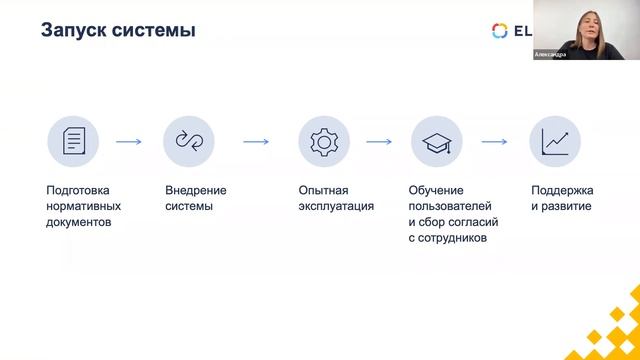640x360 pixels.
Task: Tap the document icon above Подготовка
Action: point(73,141)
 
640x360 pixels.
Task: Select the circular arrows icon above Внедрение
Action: point(189,141)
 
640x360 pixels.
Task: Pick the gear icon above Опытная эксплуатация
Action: point(324,141)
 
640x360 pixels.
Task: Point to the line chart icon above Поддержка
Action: point(555,141)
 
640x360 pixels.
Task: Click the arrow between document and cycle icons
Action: point(129,142)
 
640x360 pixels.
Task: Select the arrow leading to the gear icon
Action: point(256,142)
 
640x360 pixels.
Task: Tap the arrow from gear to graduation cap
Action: point(379,142)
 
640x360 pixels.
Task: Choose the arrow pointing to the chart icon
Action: point(494,142)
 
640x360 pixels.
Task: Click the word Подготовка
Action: point(78,190)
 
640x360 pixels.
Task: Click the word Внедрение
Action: point(196,190)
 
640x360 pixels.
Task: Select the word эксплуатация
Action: point(336,206)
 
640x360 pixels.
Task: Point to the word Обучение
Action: point(437,190)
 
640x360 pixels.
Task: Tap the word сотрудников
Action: point(453,238)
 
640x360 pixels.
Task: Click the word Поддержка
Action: point(563,190)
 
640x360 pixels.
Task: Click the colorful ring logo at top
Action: point(500,30)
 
